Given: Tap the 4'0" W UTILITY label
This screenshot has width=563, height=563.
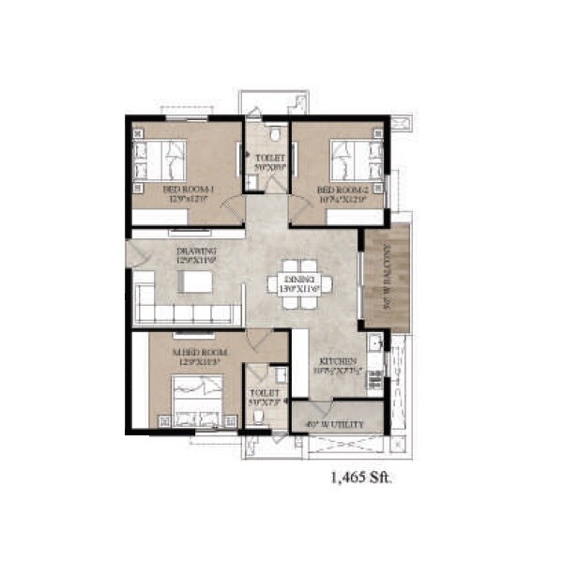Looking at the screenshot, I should pyautogui.click(x=332, y=424).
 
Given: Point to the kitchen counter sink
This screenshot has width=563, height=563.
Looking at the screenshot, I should pyautogui.click(x=373, y=342).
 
